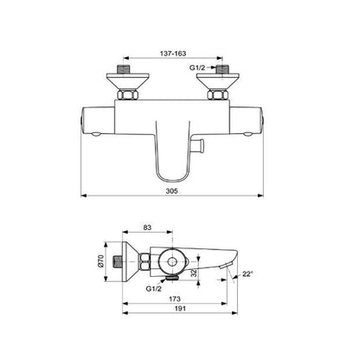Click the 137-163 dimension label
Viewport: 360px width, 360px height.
173,54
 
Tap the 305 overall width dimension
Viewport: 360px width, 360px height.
172,190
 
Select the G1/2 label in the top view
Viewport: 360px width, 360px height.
197,67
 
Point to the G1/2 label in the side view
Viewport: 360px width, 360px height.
153,288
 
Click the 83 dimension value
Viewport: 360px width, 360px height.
147,228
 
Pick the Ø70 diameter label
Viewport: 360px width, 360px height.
100,261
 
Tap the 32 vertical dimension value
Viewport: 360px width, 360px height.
194,273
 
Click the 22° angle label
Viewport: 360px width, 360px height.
247,273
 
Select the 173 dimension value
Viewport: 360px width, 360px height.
175,299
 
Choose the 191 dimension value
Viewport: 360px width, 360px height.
180,309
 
